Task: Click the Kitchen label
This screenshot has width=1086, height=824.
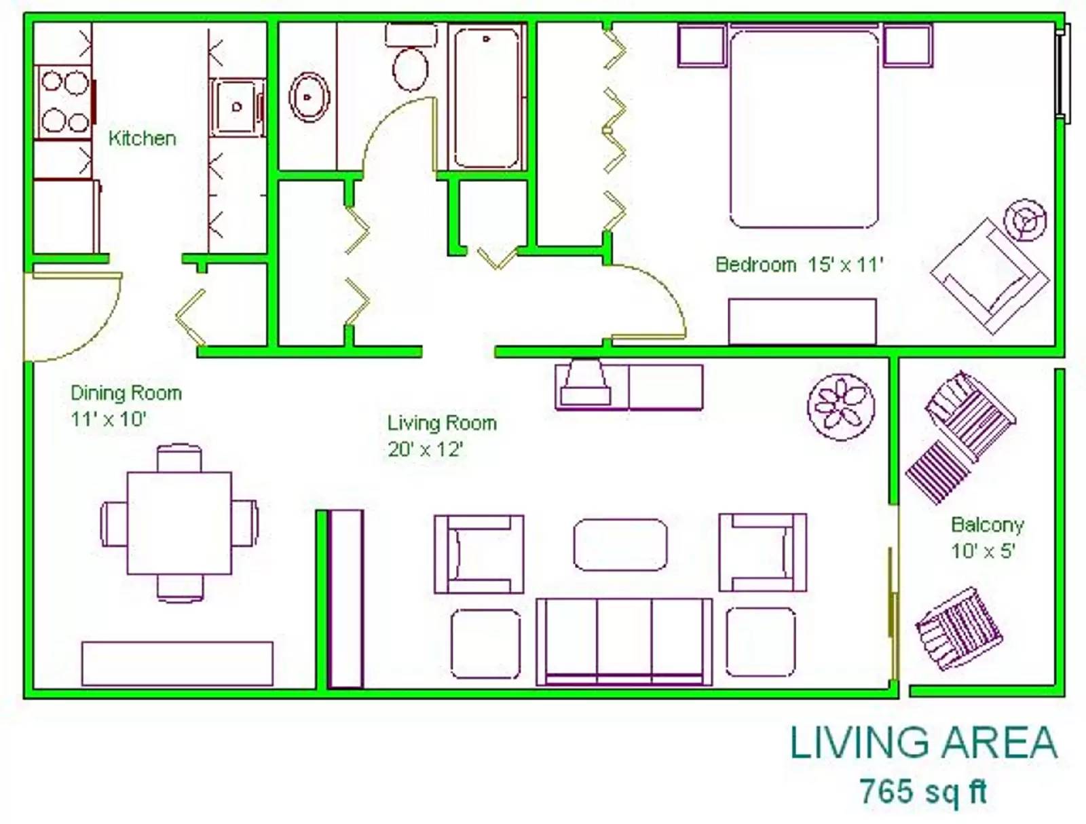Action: (x=142, y=138)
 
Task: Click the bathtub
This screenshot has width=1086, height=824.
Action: (x=487, y=97)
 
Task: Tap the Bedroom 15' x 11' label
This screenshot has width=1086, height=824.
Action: (x=799, y=265)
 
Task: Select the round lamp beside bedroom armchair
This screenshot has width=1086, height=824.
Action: (x=1028, y=219)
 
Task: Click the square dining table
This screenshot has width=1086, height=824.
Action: (x=180, y=523)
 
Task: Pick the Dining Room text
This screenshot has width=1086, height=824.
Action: (x=126, y=393)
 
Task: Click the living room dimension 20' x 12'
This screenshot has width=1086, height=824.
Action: (x=425, y=449)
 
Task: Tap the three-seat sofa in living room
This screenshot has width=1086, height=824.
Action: (x=624, y=641)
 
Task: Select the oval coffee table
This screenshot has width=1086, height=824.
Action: (x=620, y=544)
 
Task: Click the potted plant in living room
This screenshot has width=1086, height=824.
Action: (x=841, y=407)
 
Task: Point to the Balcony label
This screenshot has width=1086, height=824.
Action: (x=988, y=524)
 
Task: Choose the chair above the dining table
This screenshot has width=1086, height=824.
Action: (x=180, y=457)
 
